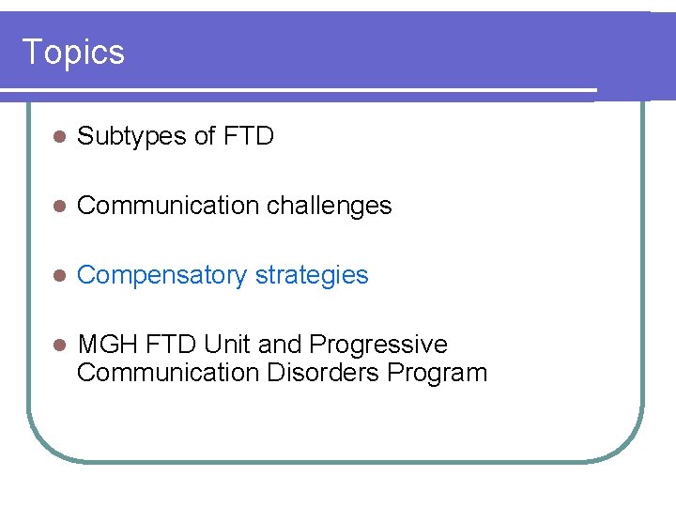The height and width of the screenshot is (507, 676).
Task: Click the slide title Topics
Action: pos(72,52)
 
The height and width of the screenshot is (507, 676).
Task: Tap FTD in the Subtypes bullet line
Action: pos(249,137)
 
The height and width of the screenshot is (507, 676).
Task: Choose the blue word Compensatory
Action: pos(162,276)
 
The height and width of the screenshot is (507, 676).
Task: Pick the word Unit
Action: pos(225,345)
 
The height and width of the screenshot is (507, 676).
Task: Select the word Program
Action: pos(438,373)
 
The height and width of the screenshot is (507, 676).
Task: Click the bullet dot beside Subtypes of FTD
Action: pos(56,138)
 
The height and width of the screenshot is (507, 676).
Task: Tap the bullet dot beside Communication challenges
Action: pos(56,207)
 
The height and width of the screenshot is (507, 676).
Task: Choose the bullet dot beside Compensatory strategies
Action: pos(56,276)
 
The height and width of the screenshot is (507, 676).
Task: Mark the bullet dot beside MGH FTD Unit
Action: pos(56,346)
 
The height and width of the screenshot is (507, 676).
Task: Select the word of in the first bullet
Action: pos(204,137)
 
